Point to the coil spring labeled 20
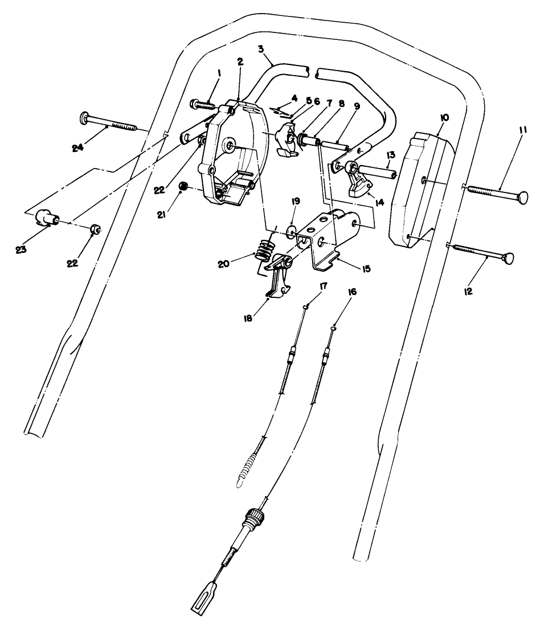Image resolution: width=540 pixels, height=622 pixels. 265,249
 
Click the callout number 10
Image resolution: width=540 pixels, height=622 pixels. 444,118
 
